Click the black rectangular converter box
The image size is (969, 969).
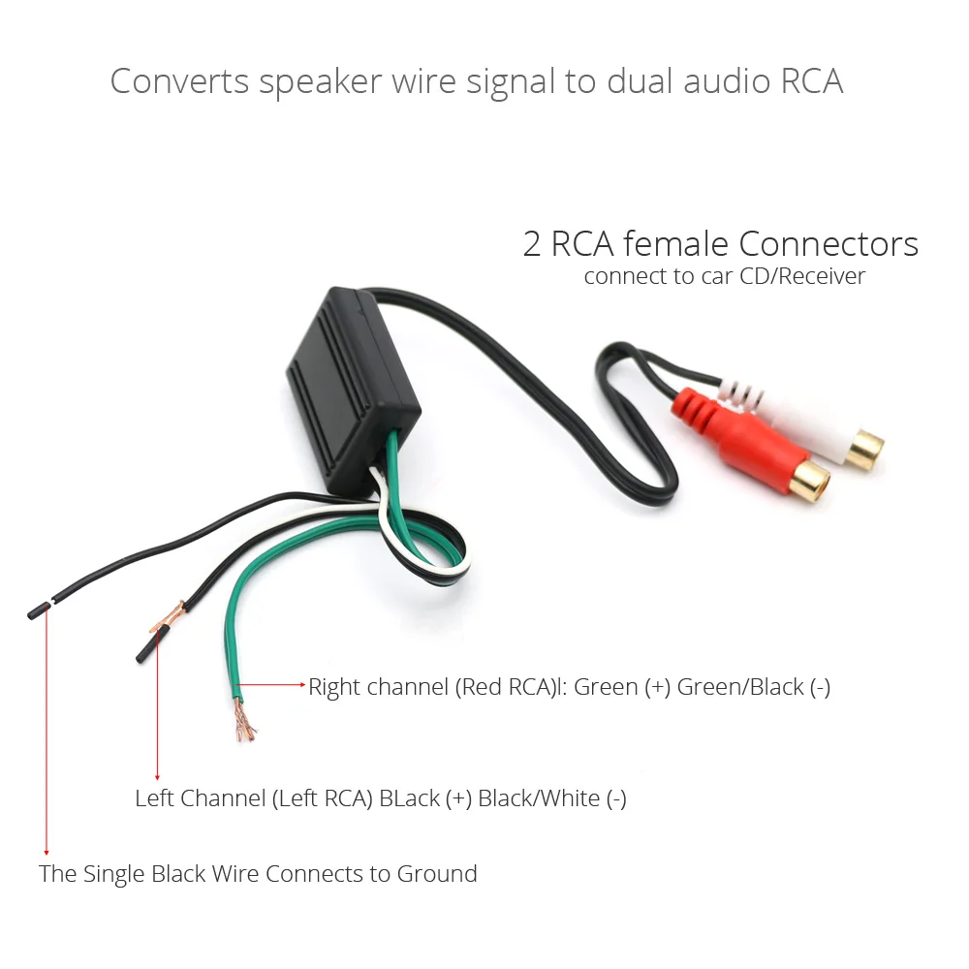[354, 373]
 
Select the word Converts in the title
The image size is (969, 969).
[179, 81]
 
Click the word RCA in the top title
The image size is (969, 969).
[811, 81]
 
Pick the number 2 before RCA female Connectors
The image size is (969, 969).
[532, 244]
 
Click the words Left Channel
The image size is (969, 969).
[201, 799]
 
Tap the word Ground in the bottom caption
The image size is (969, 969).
[437, 874]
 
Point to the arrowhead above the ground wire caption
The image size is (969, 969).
[46, 850]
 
